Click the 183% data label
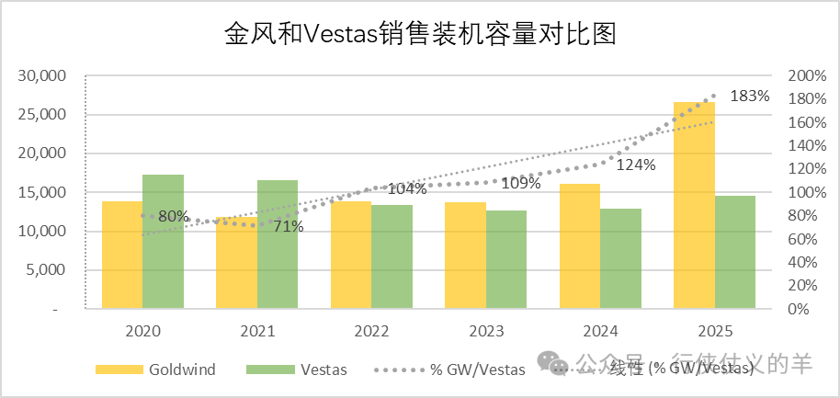click(749, 96)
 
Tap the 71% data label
click(288, 226)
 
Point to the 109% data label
click(521, 183)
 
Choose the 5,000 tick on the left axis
click(45, 270)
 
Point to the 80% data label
click(174, 217)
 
